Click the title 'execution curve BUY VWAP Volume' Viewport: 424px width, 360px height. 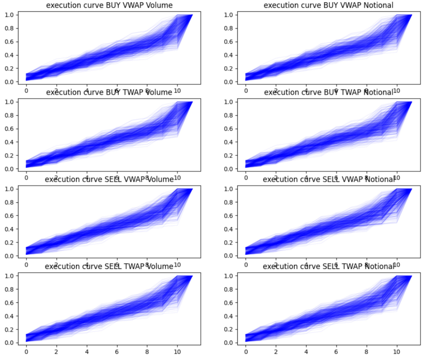(x=109, y=5)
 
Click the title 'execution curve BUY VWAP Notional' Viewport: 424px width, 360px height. (x=329, y=5)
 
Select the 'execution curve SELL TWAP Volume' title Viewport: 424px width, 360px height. (x=109, y=266)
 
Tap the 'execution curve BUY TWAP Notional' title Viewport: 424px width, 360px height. (x=329, y=92)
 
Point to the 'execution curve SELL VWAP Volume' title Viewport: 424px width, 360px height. (x=109, y=179)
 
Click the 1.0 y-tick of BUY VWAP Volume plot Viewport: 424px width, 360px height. (x=9, y=15)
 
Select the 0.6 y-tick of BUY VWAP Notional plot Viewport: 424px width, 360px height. (x=229, y=42)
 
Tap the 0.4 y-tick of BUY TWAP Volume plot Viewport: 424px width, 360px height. (x=9, y=142)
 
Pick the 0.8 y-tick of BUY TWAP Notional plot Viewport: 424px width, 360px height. (x=229, y=115)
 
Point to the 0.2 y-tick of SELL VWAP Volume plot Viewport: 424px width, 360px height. (x=9, y=242)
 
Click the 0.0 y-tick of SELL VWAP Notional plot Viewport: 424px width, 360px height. (x=229, y=256)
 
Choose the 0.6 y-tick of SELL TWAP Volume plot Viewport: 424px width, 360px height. (x=9, y=302)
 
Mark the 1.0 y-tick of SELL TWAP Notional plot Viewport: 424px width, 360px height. (x=229, y=276)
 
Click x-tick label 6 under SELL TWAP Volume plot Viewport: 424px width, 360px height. (x=117, y=352)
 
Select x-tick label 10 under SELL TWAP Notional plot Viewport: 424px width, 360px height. (x=397, y=352)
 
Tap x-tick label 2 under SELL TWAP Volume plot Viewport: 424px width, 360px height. (x=56, y=352)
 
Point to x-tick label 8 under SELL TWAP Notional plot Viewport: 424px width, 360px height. (x=366, y=352)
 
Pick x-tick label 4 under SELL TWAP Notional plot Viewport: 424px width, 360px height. (x=306, y=352)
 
